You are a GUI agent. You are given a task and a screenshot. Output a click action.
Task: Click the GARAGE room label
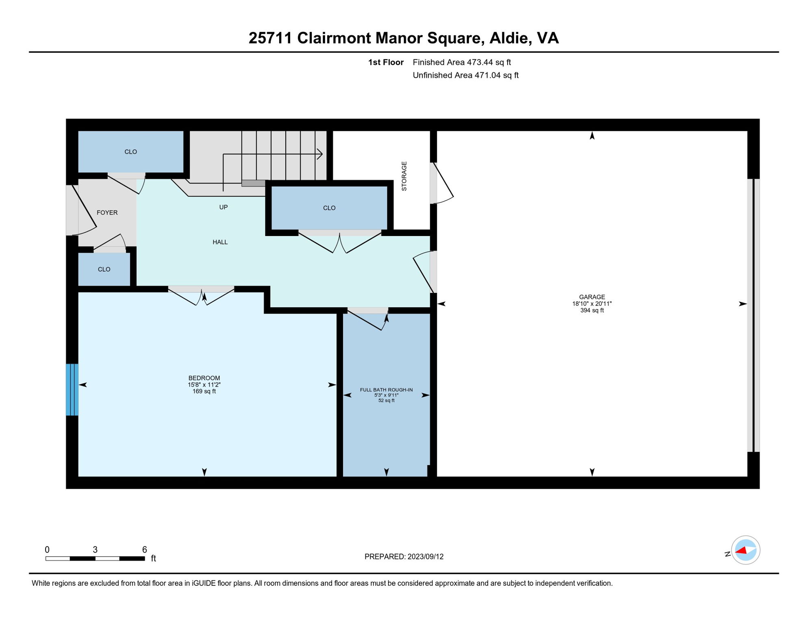(592, 297)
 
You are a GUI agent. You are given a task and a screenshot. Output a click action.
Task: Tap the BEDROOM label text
(204, 378)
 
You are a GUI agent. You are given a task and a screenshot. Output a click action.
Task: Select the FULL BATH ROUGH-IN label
(386, 390)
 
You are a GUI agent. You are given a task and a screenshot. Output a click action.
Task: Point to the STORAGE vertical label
(404, 176)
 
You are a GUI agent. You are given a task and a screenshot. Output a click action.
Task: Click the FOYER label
(107, 212)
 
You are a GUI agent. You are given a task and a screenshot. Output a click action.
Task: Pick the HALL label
(220, 242)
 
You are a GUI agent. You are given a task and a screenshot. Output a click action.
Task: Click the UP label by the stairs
(223, 207)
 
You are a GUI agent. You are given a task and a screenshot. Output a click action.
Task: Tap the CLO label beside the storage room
(329, 208)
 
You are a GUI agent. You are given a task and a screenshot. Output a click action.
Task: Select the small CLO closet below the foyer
(104, 269)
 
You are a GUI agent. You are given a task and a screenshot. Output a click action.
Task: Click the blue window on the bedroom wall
(72, 390)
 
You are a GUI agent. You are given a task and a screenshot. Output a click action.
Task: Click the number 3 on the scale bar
(95, 550)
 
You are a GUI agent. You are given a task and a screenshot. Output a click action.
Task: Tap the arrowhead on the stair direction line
(320, 154)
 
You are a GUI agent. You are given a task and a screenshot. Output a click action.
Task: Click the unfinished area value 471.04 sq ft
(496, 75)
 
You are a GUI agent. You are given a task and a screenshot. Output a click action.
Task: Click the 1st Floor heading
(385, 62)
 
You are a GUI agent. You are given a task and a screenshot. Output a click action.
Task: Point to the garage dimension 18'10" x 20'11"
(592, 303)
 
